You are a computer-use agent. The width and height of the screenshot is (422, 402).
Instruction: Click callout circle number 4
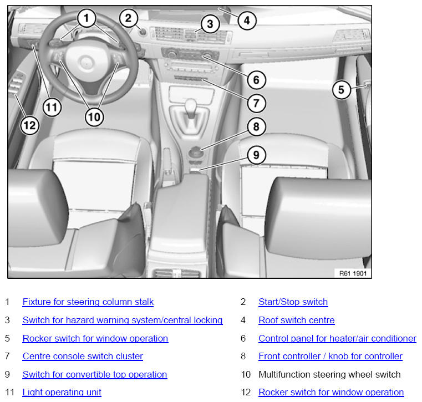(x=247, y=21)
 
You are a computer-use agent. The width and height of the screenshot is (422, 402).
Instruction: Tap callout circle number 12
(x=29, y=125)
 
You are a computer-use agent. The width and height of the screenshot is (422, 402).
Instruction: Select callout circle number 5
(x=341, y=90)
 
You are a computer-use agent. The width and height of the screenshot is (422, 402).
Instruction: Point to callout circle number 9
(x=256, y=155)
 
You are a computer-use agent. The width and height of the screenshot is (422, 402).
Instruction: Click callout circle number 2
(x=129, y=18)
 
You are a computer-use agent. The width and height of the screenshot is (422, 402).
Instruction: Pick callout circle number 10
(x=94, y=117)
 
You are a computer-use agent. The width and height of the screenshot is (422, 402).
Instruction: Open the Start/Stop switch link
(x=293, y=302)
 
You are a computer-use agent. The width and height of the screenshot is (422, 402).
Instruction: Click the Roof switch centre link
(x=297, y=320)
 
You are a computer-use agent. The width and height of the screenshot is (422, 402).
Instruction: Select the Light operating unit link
(x=62, y=393)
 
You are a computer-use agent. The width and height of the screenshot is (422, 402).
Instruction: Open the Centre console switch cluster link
(x=83, y=357)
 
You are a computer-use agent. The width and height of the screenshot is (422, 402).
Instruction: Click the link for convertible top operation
(x=95, y=375)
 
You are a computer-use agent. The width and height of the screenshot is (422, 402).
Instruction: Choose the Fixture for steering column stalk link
(x=88, y=302)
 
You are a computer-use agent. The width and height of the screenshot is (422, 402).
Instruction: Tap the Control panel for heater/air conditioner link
(x=338, y=338)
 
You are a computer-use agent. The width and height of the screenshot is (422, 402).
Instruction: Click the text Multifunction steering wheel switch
(x=329, y=375)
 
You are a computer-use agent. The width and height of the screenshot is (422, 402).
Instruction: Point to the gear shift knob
(x=191, y=105)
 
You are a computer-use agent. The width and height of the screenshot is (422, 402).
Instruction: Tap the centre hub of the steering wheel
(x=85, y=63)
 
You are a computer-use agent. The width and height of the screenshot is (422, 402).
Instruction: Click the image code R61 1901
(x=353, y=274)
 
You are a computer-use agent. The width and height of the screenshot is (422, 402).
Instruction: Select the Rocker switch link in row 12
(x=331, y=393)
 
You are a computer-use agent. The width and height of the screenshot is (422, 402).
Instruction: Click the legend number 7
(x=7, y=357)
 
